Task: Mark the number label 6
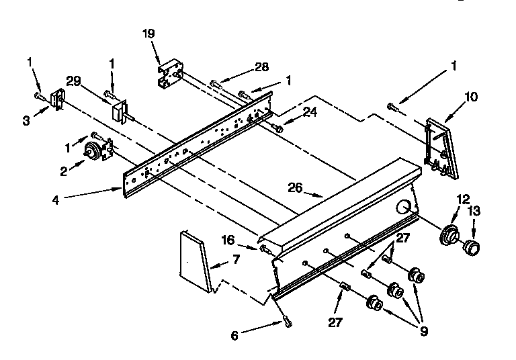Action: pos(234,336)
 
